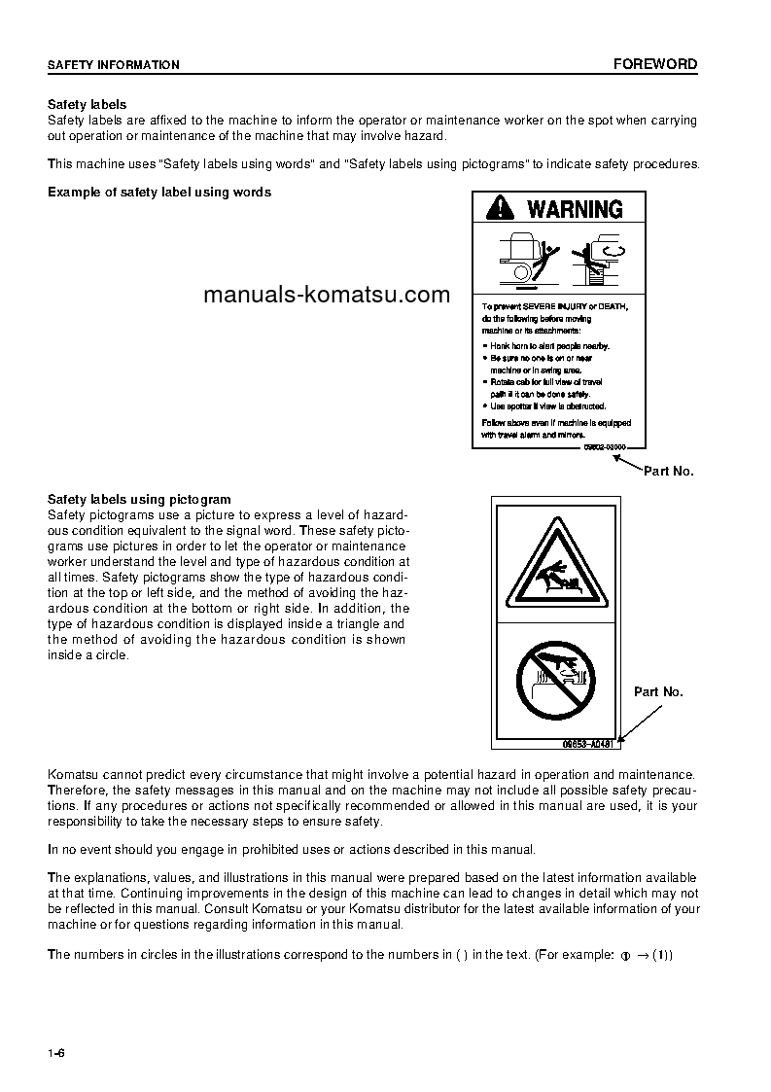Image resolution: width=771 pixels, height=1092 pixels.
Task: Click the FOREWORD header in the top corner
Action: (654, 64)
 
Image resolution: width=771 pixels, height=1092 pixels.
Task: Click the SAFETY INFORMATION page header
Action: (114, 65)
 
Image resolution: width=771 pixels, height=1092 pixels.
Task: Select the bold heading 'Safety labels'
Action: (88, 104)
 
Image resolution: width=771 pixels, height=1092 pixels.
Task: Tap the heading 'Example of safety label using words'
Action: (159, 192)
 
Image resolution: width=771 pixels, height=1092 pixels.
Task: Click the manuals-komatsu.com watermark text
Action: (327, 295)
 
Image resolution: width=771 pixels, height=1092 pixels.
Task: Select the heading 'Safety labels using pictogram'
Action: (139, 500)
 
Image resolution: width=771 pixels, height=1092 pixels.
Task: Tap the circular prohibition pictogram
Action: (556, 681)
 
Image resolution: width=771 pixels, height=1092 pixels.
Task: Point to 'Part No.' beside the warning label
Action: (668, 471)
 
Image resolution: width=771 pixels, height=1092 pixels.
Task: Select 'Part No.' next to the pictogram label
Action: (658, 692)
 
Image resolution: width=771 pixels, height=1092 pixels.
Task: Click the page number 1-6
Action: (56, 1054)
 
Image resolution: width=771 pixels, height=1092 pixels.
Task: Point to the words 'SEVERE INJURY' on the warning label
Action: (564, 307)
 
